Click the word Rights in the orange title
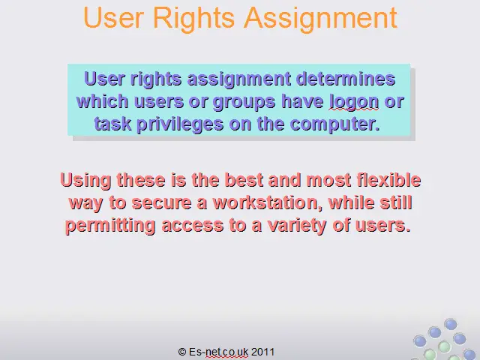[193, 18]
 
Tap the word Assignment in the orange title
[320, 18]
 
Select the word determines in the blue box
[346, 79]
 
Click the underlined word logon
[354, 102]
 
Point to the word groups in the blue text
[244, 102]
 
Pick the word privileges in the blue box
[180, 124]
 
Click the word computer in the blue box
[334, 124]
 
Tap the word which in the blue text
[102, 101]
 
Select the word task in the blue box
[112, 124]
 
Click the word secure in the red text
[161, 203]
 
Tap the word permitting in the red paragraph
[110, 226]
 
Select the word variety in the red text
[297, 226]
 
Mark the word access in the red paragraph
[193, 226]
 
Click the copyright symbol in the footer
[182, 352]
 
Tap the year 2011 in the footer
[262, 352]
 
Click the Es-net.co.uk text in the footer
[218, 352]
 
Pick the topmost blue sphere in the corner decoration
[450, 324]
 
